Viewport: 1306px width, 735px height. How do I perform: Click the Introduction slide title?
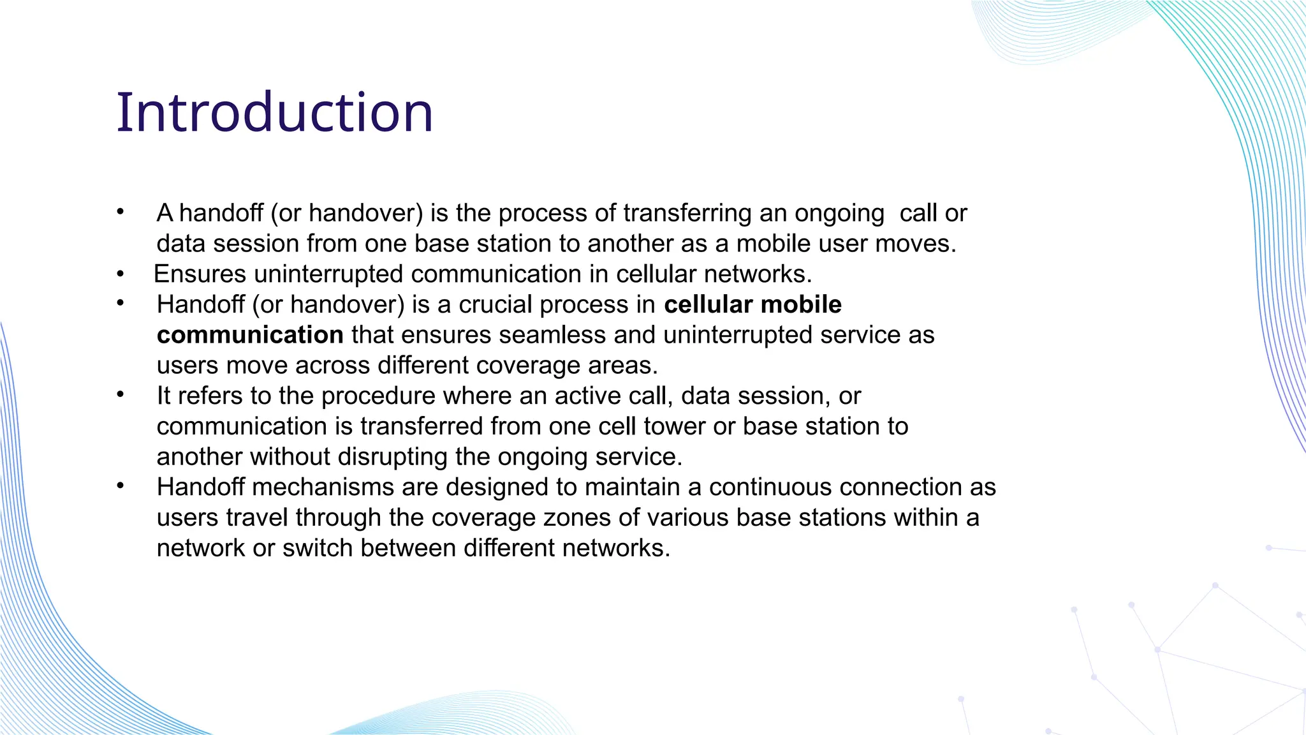[x=275, y=112]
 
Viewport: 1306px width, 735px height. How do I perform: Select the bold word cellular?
[x=708, y=304]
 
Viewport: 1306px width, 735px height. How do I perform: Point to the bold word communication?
[x=250, y=335]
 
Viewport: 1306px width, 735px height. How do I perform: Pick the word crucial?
[x=495, y=304]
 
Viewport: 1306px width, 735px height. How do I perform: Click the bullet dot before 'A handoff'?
[x=120, y=212]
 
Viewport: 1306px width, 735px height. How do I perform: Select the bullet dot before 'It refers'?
[x=120, y=395]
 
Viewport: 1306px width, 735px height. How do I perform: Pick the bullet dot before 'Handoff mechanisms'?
[x=120, y=486]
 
